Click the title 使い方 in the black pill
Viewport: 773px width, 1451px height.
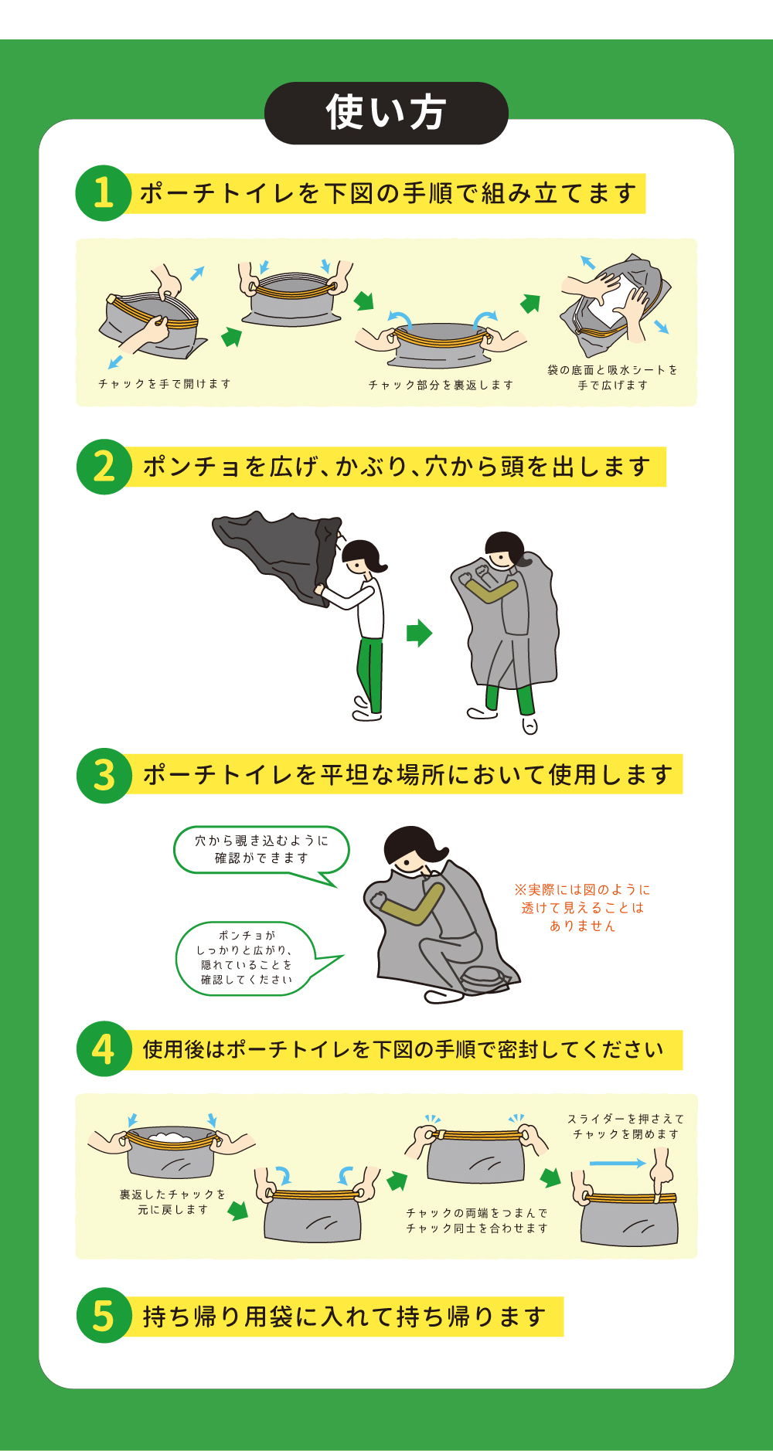point(386,113)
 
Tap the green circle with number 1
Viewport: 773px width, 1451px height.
point(103,193)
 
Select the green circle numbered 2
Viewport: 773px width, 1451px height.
point(104,467)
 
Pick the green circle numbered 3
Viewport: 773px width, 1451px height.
point(104,775)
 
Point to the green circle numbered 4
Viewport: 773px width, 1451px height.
point(104,1049)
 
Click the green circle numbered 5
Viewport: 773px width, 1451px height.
point(104,1316)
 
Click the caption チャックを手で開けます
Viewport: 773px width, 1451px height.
point(165,384)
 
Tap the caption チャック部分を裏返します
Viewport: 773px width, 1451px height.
point(441,385)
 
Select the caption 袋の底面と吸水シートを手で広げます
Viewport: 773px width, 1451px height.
point(612,377)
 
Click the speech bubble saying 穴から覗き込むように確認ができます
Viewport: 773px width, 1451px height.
point(261,850)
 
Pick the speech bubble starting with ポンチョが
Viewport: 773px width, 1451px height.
point(246,958)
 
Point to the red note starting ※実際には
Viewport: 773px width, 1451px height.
point(583,908)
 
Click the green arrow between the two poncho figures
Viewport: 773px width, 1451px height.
point(419,633)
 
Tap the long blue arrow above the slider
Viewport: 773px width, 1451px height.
point(617,1163)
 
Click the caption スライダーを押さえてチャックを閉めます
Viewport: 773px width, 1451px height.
point(625,1126)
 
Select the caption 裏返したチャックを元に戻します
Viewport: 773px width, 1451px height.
point(172,1201)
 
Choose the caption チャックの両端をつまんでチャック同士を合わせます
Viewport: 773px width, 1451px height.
point(477,1221)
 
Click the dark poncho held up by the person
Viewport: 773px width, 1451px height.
point(278,552)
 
